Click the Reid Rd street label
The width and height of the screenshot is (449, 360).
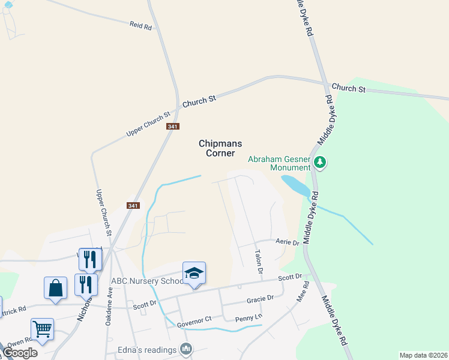pos(140,26)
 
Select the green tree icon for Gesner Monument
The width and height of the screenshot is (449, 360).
pos(321,161)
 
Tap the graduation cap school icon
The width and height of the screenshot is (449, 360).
pos(194,273)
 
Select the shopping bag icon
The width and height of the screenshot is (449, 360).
pos(55,287)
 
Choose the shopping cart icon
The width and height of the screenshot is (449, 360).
pos(42,329)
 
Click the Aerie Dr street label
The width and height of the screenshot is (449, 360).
pos(287,242)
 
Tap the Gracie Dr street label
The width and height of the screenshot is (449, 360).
pos(260,299)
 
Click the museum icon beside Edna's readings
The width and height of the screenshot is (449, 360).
pos(186,349)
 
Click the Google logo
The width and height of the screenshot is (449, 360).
pos(20,353)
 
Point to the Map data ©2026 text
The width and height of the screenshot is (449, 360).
pos(423,355)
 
